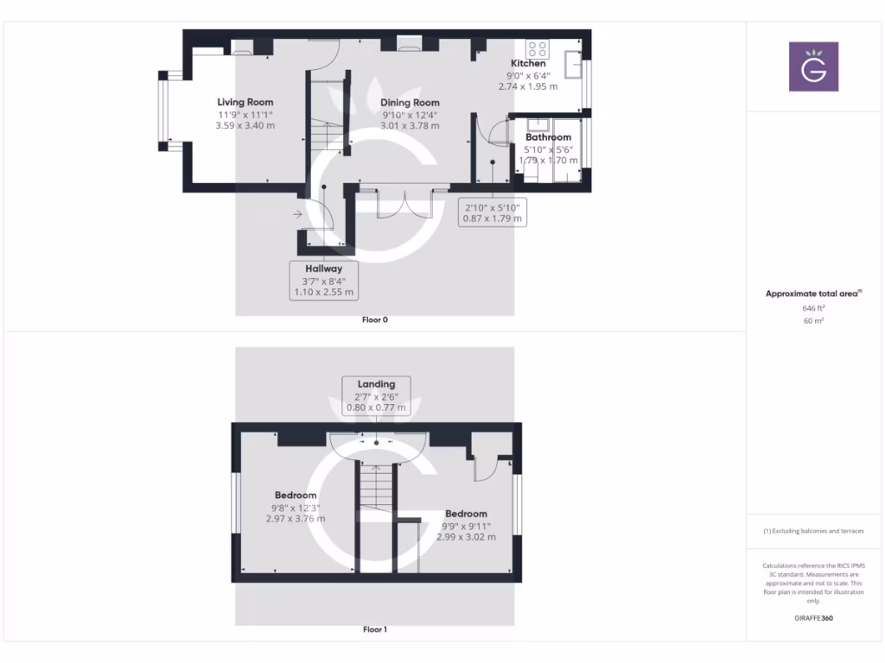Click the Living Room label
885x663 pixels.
(x=245, y=103)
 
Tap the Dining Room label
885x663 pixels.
(x=410, y=103)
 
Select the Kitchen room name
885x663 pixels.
(x=528, y=63)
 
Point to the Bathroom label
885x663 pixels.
(x=548, y=137)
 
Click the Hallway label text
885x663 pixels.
(x=323, y=268)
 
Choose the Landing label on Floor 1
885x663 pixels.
(x=376, y=384)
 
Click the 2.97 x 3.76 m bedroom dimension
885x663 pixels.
(x=296, y=519)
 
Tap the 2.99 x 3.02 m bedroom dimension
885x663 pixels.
(x=467, y=537)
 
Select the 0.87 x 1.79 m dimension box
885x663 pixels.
(x=492, y=218)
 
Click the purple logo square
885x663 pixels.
(x=813, y=66)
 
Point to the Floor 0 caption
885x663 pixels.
(x=375, y=320)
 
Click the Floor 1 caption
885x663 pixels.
(x=375, y=629)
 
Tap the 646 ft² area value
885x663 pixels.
(x=813, y=307)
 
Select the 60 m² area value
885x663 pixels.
(x=813, y=320)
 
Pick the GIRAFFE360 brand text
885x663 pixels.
(x=813, y=618)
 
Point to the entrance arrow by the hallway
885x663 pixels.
(x=298, y=214)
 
